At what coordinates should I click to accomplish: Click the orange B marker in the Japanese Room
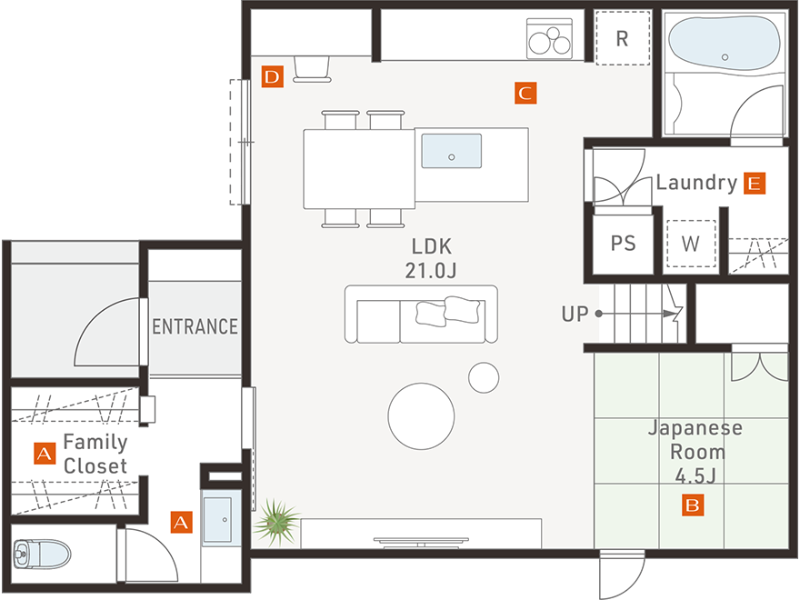tap(693, 505)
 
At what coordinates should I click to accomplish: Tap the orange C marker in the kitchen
tap(525, 93)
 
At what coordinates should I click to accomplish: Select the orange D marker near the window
tap(273, 76)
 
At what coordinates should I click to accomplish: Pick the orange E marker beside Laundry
tap(755, 183)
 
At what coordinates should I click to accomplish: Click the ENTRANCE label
tap(195, 326)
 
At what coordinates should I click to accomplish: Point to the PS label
tap(624, 244)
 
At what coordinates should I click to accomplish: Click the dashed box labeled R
tap(623, 38)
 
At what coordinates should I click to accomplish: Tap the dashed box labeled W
tap(691, 244)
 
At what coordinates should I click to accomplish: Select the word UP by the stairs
tap(575, 314)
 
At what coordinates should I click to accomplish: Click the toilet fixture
tap(42, 554)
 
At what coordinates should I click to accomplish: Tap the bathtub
tap(725, 44)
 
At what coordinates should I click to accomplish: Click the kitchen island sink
tap(452, 151)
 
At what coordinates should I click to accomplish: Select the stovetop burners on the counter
tap(549, 39)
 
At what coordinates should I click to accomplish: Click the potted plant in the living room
tap(276, 523)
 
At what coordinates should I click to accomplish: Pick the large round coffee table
tap(421, 416)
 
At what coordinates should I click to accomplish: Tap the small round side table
tap(484, 377)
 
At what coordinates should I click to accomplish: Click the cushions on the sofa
tap(448, 311)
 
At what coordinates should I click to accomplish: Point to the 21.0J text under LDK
tap(431, 271)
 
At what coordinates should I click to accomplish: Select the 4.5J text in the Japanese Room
tap(695, 476)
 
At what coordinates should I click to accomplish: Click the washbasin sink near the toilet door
tap(218, 519)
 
